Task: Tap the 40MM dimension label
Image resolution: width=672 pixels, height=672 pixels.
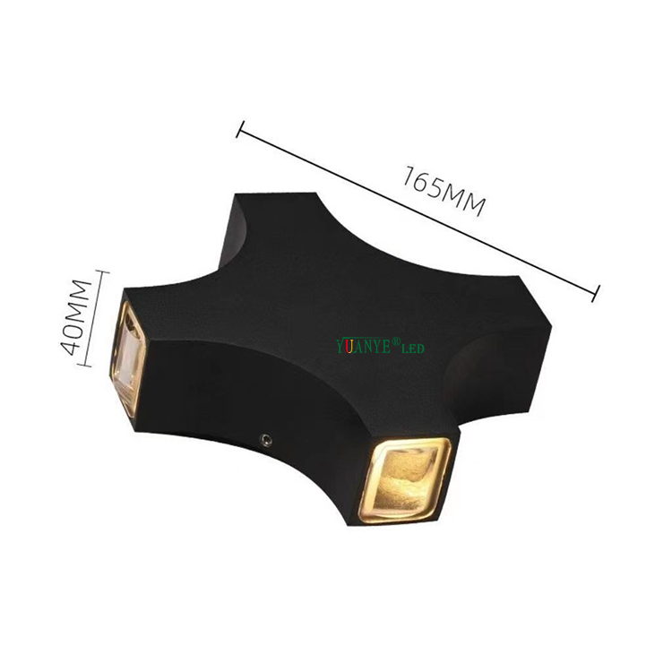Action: pyautogui.click(x=80, y=317)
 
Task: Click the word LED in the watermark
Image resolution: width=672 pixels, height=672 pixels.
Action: pyautogui.click(x=411, y=348)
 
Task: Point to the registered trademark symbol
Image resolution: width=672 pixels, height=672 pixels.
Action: pyautogui.click(x=393, y=341)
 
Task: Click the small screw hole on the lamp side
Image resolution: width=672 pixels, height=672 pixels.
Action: pyautogui.click(x=266, y=439)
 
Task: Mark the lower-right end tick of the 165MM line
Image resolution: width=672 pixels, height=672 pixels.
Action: pyautogui.click(x=595, y=290)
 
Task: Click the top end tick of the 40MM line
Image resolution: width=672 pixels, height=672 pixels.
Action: pyautogui.click(x=96, y=271)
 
